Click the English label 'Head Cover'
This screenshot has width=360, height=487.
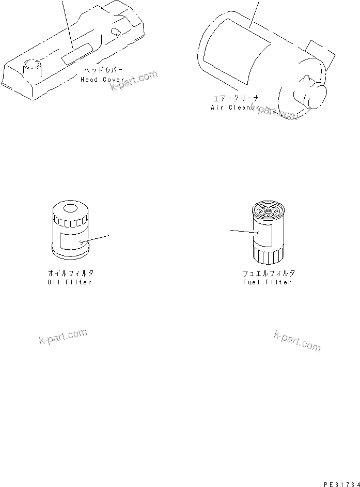pos(102,80)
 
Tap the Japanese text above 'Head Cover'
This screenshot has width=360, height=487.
pos(104,70)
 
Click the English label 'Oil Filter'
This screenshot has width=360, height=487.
pos(69,282)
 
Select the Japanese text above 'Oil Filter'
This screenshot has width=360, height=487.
pos(71,273)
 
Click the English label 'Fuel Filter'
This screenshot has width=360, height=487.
pos(267,282)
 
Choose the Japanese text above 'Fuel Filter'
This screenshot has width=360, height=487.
pos(269,273)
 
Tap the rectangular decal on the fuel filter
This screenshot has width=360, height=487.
pos(264,235)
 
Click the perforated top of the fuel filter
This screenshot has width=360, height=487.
pos(268,211)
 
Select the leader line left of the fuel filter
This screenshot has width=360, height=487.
pos(243,232)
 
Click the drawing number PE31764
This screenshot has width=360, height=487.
pos(341,483)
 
